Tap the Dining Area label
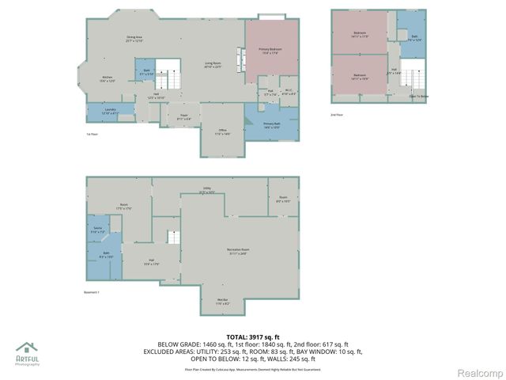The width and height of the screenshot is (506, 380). click(x=134, y=39)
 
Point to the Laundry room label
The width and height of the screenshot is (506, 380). click(x=99, y=112)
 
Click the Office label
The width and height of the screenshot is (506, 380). click(x=222, y=133)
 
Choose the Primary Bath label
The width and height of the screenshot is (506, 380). click(x=272, y=125)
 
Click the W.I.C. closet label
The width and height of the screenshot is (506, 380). click(x=289, y=93)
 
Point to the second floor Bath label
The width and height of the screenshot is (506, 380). click(x=414, y=37)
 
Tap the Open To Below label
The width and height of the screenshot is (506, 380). click(x=419, y=97)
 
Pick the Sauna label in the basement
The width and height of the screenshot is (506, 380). click(x=99, y=230)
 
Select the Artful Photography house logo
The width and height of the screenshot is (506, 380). click(x=27, y=348)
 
